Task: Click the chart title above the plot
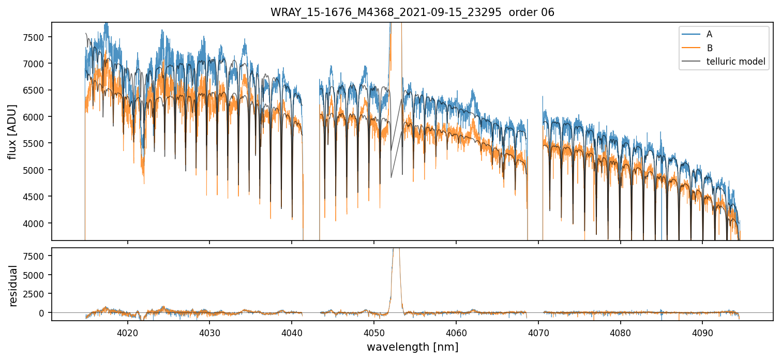pos(412,12)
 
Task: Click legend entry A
pos(709,34)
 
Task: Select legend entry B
pos(709,48)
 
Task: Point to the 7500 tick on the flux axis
pos(35,37)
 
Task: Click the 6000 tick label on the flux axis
pos(35,117)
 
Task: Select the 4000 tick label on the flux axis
pos(35,223)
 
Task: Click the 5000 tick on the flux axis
pos(35,170)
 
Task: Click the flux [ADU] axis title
pos(12,131)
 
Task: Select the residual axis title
pos(13,286)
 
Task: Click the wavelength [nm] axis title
pos(412,347)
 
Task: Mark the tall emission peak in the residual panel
pos(396,252)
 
